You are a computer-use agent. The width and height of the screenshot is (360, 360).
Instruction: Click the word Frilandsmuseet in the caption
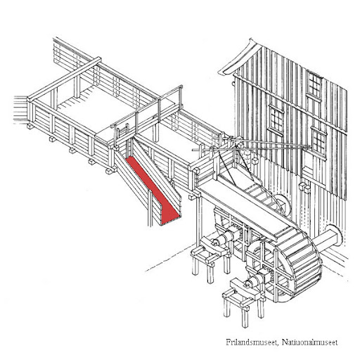(x=252, y=342)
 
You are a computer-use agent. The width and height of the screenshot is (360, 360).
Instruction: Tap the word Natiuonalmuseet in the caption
(x=309, y=342)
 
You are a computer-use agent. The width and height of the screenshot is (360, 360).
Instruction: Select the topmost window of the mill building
(x=314, y=85)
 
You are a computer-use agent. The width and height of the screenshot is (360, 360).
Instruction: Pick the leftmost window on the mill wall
(x=276, y=120)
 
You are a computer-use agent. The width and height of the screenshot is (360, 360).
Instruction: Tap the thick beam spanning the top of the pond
(x=65, y=79)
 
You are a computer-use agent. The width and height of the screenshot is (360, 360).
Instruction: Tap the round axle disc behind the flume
(x=283, y=204)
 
